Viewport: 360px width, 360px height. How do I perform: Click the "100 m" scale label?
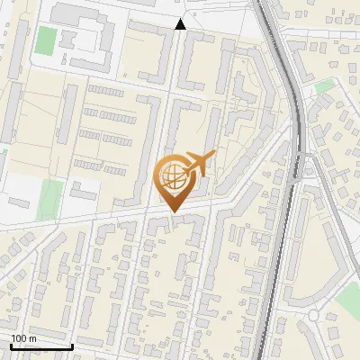pos(23,338)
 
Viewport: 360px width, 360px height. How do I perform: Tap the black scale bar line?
pos(41,346)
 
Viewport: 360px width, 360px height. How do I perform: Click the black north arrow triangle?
pos(181,24)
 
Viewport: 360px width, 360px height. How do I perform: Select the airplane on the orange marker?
pos(200,165)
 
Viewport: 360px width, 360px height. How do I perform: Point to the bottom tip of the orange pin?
pos(174,211)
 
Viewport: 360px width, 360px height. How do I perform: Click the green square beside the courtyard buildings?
pos(45,40)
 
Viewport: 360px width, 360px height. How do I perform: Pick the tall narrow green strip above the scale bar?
pos(51,199)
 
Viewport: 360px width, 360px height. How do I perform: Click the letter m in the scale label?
pos(31,338)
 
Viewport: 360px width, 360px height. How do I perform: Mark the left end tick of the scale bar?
pos(11,346)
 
